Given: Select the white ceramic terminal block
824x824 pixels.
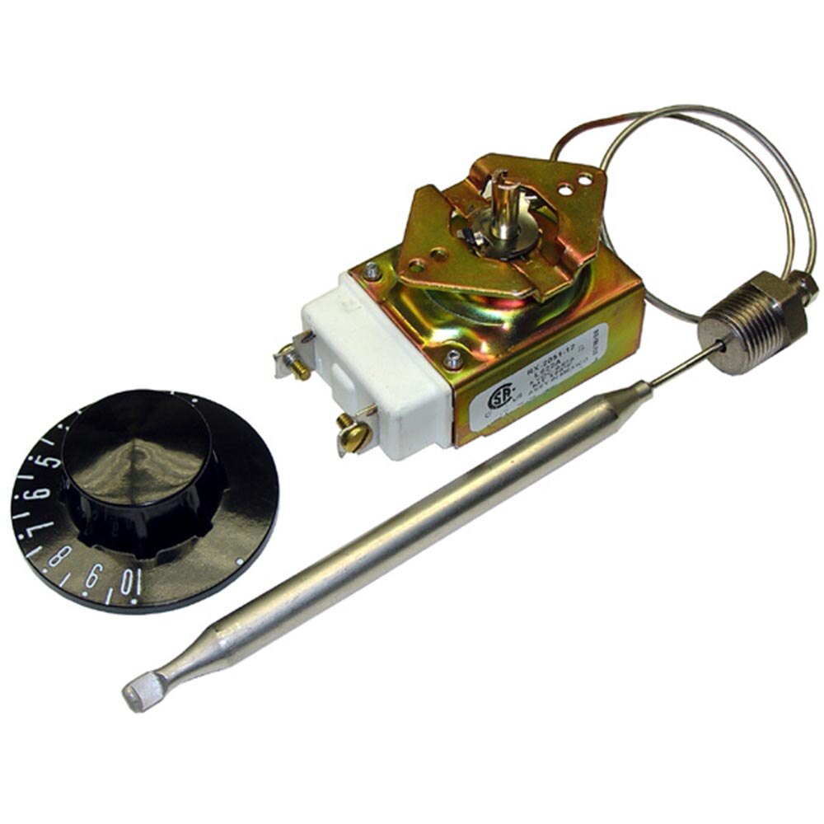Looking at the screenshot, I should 379,363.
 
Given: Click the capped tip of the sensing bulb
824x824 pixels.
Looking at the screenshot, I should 138,695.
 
